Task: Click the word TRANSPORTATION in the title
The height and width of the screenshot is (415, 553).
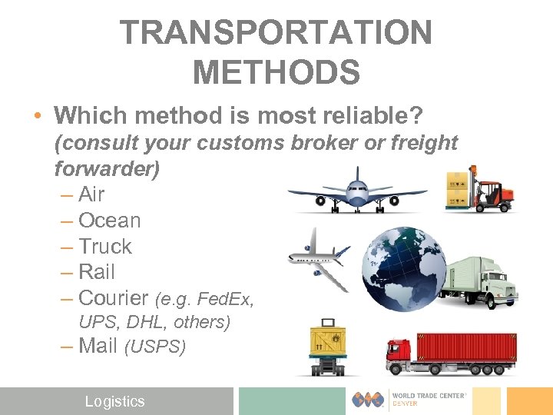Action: (276, 33)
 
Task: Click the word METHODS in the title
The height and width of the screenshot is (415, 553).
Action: (276, 73)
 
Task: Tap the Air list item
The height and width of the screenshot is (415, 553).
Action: (91, 194)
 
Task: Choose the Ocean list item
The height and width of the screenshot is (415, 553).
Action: (110, 221)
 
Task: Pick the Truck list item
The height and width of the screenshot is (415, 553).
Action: (105, 247)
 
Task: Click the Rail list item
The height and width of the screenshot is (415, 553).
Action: (97, 272)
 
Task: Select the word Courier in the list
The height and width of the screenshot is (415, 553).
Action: (113, 298)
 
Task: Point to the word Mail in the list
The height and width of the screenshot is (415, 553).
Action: (98, 346)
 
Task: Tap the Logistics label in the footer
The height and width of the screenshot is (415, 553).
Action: (114, 401)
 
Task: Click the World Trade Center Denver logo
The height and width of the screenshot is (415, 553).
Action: (414, 400)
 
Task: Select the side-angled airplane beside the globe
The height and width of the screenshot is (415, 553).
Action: (319, 257)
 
